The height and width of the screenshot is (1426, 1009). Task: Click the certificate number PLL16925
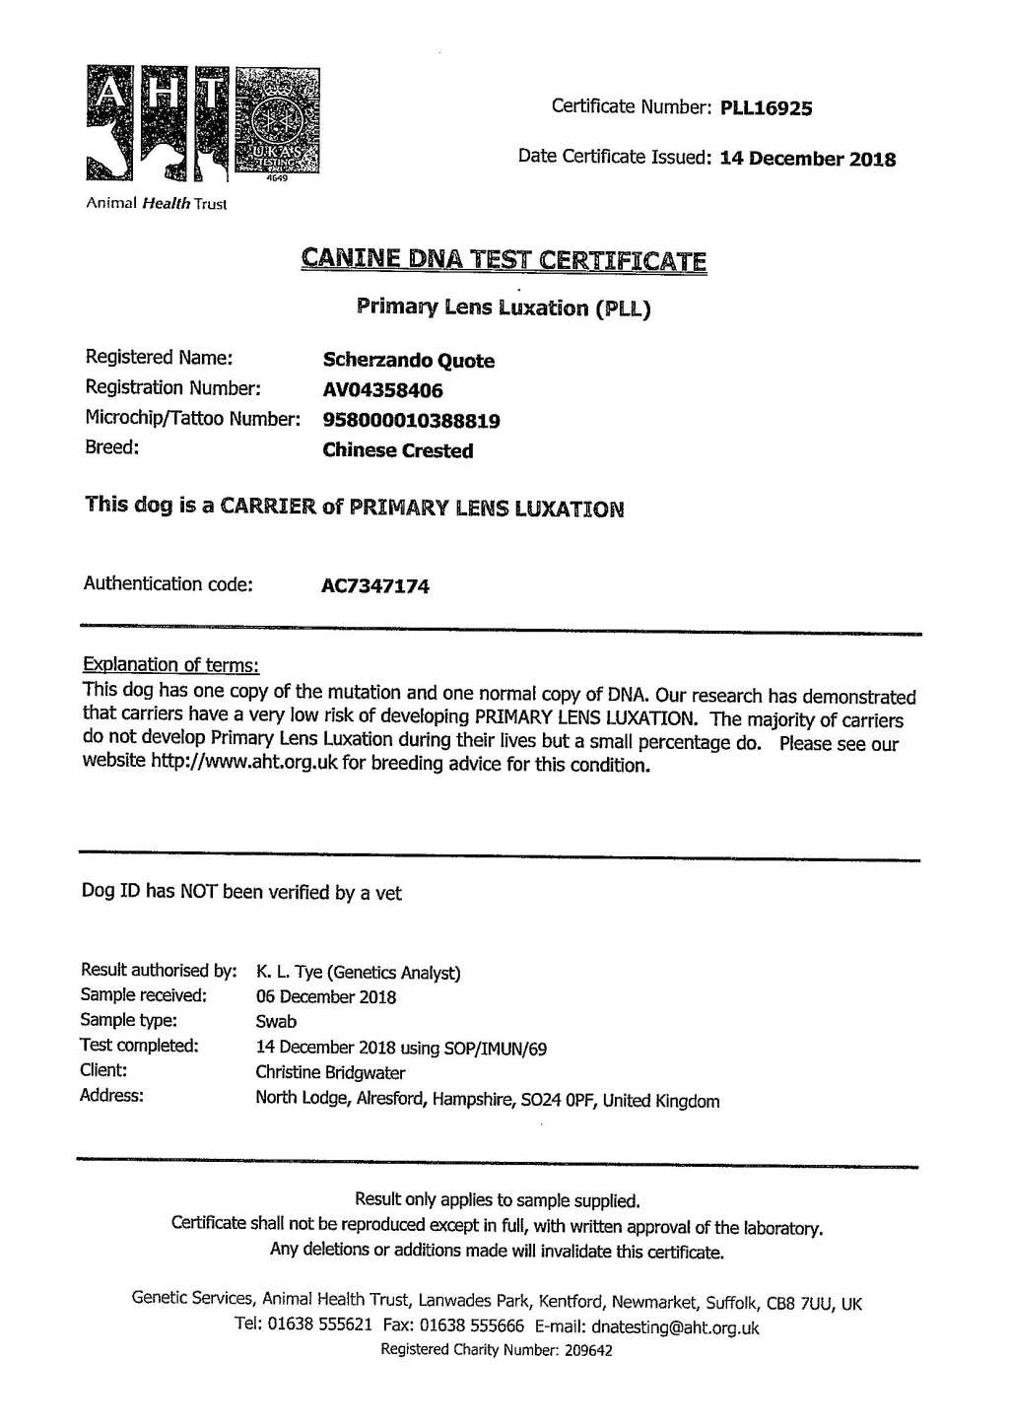[x=767, y=108]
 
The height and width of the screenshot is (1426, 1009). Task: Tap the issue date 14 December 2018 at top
[x=808, y=159]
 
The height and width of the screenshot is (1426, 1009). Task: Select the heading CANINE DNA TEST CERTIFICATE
[x=504, y=260]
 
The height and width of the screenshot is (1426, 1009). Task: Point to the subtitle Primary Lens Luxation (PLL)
[x=504, y=307]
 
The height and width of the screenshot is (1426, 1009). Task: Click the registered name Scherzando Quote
[x=408, y=361]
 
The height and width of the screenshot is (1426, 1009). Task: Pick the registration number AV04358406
[x=382, y=390]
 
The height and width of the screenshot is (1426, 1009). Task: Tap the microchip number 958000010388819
[x=411, y=421]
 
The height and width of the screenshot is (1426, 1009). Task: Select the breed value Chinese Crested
[x=397, y=450]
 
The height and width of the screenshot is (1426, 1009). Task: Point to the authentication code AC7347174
[x=375, y=586]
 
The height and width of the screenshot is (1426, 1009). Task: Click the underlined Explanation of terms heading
[x=170, y=664]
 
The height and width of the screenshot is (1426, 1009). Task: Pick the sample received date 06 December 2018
[x=325, y=997]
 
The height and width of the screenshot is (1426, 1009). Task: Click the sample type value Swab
[x=276, y=1022]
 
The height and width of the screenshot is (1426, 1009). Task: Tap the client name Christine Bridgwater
[x=330, y=1072]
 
